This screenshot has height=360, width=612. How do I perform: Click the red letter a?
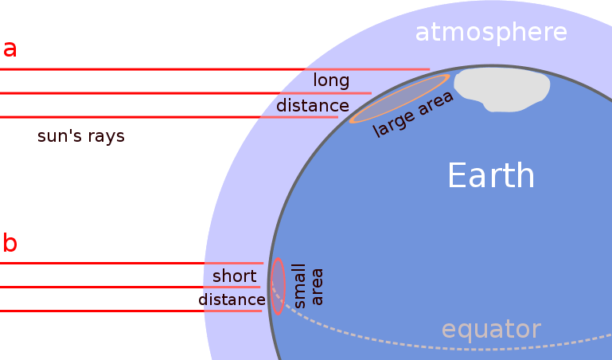point(10,49)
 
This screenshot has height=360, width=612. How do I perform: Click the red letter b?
point(10,242)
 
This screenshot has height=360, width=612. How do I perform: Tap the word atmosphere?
point(491,33)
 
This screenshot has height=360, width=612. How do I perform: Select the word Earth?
point(490,175)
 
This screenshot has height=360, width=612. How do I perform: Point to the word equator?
point(491,329)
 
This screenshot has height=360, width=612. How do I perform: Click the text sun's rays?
point(81,136)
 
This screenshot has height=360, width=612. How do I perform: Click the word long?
point(331,80)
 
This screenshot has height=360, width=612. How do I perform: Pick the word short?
point(234,276)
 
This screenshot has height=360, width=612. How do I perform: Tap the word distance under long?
point(312,105)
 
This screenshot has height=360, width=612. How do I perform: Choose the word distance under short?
point(231,299)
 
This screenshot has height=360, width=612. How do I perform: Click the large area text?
point(413,115)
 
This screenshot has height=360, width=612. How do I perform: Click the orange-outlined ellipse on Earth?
point(400,98)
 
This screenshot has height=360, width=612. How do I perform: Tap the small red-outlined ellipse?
point(278,287)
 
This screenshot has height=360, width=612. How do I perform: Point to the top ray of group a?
point(159,69)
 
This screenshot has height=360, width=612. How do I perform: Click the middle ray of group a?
point(159,93)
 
